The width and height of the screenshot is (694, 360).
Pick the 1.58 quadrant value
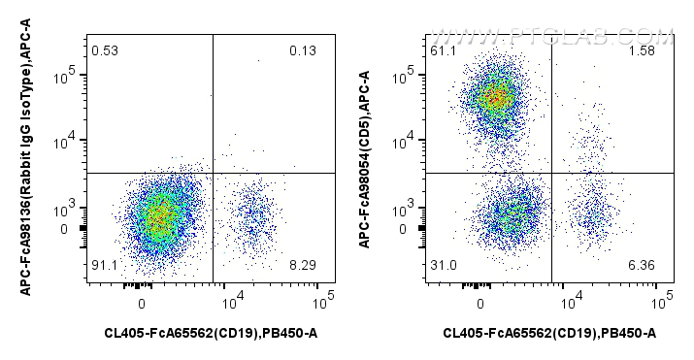(640, 50)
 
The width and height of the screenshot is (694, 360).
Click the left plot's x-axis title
(211, 335)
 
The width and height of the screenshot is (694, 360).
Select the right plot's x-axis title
(549, 335)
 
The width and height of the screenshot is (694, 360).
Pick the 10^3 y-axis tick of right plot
(407, 209)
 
